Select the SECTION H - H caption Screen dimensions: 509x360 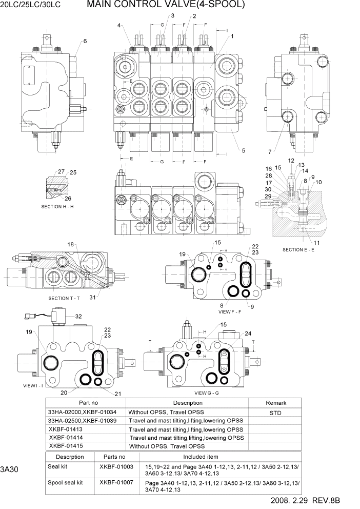pos(57,206)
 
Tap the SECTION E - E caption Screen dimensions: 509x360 pos(303,249)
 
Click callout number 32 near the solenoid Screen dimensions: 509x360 pos(78,317)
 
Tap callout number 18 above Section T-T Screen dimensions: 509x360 pos(71,244)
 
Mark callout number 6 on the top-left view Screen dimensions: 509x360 pos(85,41)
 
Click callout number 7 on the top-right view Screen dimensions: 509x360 pos(270,151)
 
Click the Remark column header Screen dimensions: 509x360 pos(276,403)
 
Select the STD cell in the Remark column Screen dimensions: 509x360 pos(276,412)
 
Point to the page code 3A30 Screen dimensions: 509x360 pos(9,469)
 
